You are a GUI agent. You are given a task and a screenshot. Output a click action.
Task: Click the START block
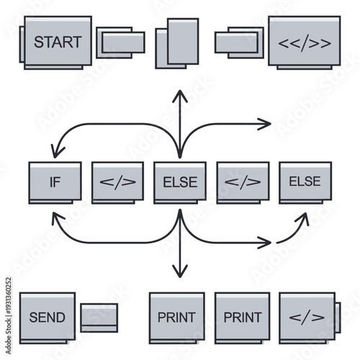[58, 41]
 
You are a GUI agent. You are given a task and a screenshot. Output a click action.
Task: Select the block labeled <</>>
[305, 42]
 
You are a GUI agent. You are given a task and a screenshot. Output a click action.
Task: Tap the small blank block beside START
[121, 42]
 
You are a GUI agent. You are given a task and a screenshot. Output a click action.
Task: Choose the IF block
[55, 181]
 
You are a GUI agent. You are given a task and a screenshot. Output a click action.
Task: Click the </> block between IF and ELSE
[117, 181]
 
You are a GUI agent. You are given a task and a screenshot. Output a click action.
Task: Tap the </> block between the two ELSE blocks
[243, 181]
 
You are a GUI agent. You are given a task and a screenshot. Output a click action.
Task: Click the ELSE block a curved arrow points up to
[305, 181]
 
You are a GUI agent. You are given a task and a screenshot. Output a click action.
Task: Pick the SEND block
[48, 316]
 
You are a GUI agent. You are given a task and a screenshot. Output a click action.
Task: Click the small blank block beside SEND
[99, 318]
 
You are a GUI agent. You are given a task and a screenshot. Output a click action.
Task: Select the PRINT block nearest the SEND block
[176, 316]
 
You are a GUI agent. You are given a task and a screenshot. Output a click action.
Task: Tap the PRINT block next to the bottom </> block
[242, 316]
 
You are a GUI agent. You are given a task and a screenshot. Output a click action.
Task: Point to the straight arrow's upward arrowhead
[180, 94]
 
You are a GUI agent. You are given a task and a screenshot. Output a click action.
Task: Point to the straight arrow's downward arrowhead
[180, 274]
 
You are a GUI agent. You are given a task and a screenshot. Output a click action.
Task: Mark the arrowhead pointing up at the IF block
[55, 214]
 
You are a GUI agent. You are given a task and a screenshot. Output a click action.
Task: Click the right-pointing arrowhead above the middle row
[267, 123]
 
